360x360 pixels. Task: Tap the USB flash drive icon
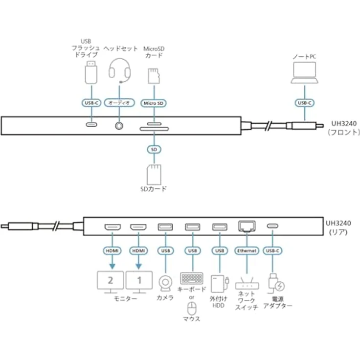[x=91, y=72]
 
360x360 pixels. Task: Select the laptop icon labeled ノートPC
[x=304, y=72]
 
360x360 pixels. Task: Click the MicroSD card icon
[x=154, y=76]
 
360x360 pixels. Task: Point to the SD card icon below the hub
[x=154, y=175]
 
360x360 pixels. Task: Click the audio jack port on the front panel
[x=119, y=126]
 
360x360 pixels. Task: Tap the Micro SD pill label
[x=154, y=103]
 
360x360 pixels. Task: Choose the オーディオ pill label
[x=119, y=103]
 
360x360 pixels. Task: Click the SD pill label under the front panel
[x=154, y=150]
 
